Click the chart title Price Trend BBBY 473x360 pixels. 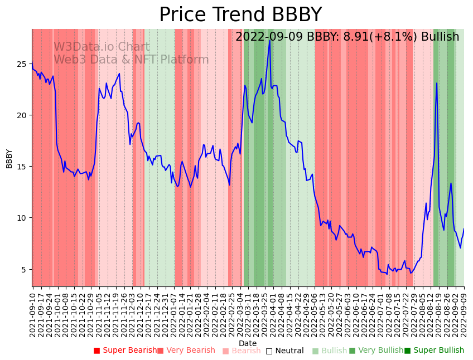point(240,15)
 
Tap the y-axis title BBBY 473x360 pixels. point(9,158)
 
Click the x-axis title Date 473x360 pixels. point(248,343)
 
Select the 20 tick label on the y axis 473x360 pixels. point(23,115)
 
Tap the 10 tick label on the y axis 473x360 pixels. point(23,218)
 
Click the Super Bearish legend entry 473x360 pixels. point(126,351)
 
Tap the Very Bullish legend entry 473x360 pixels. point(376,351)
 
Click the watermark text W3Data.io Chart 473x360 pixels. point(102,47)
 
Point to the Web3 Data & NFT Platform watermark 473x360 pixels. point(131,60)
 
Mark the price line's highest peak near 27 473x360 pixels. point(269,40)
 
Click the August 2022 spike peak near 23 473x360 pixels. point(437,84)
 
